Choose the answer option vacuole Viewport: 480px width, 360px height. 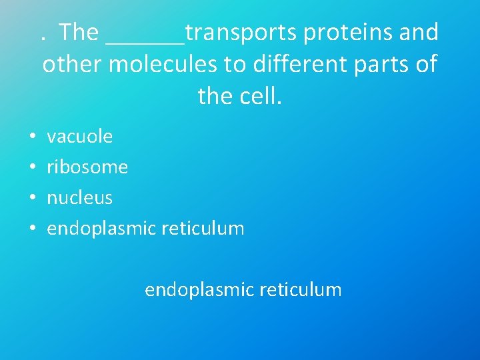point(79,137)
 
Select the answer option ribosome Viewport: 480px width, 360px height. point(87,167)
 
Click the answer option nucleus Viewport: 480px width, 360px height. point(79,197)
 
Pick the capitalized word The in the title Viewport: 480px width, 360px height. point(79,33)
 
